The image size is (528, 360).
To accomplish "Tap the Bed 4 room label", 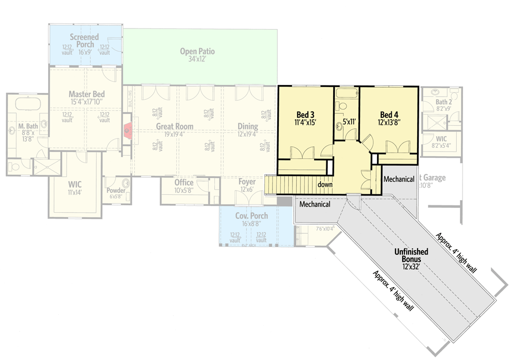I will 389,115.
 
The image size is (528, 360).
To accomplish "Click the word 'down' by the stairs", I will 325,185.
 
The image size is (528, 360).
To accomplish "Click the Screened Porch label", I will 84,41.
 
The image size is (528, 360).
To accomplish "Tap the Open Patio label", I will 197,52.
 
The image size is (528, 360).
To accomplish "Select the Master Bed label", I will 87,94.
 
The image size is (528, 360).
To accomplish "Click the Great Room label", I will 174,127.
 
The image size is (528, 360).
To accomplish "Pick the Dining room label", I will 248,127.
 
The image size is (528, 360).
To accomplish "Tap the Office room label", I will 184,183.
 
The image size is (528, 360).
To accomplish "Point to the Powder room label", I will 116,191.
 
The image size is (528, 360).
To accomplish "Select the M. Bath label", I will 27,127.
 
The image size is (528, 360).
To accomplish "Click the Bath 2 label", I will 444,101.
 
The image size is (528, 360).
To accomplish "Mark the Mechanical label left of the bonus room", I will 315,204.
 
